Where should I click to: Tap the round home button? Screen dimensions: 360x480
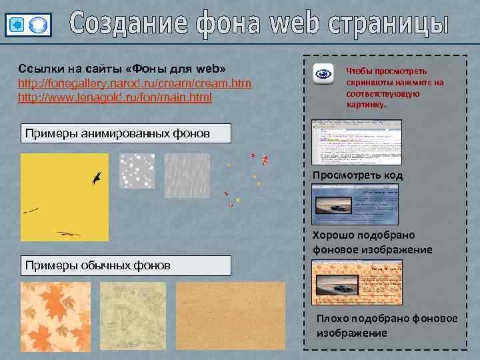point(39,25)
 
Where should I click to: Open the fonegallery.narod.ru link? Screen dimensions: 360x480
point(134,83)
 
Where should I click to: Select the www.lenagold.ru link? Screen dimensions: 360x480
point(115,97)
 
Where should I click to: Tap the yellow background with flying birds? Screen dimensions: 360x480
point(64,197)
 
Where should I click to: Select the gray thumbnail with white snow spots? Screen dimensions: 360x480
point(137,171)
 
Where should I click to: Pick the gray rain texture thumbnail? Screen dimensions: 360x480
point(187,171)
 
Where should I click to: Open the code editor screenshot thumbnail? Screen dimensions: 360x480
point(356,141)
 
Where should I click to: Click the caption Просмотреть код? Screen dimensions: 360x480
point(357,175)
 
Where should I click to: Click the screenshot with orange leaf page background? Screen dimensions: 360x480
point(356,283)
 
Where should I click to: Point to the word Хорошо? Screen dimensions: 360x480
point(334,235)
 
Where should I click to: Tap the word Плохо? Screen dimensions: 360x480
point(331,318)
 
